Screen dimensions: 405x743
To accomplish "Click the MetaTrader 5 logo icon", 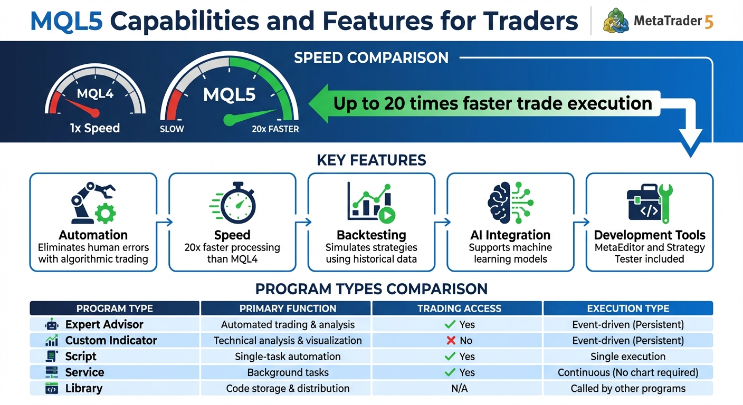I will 615,21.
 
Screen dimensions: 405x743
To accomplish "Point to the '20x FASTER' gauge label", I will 275,129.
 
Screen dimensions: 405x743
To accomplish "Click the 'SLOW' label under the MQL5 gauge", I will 172,129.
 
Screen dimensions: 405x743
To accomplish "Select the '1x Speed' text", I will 95,128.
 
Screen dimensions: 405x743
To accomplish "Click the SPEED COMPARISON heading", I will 371,57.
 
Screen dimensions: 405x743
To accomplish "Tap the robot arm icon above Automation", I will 93,202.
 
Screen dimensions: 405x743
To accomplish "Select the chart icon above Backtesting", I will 371,202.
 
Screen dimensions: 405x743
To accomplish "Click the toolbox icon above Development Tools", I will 650,202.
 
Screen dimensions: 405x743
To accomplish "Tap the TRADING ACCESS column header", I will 457,308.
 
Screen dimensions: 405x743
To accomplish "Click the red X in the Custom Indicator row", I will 451,341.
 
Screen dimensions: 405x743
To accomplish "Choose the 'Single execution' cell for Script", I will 628,356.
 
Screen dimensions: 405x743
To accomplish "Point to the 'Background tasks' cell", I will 288,373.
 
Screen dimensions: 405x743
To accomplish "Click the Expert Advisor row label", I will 104,324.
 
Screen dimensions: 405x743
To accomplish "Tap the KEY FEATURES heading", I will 371,160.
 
